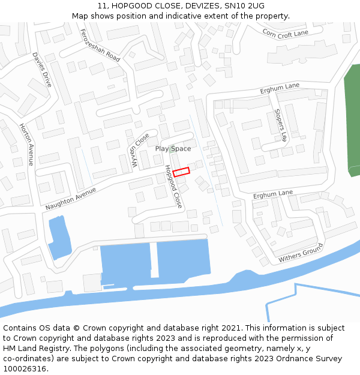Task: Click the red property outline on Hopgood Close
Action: tap(181, 172)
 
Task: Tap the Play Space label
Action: tap(173, 149)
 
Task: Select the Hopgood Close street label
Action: tap(173, 187)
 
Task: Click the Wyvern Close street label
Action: tap(139, 151)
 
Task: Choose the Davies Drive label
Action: tap(43, 70)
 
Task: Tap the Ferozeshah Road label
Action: tap(100, 46)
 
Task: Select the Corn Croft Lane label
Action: tap(285, 34)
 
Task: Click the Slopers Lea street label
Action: tap(281, 125)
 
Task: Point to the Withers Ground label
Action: tap(301, 253)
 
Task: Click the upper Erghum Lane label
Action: tap(280, 88)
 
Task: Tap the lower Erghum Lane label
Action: tap(272, 194)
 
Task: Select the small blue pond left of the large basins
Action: tap(59, 238)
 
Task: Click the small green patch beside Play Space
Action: tap(172, 147)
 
